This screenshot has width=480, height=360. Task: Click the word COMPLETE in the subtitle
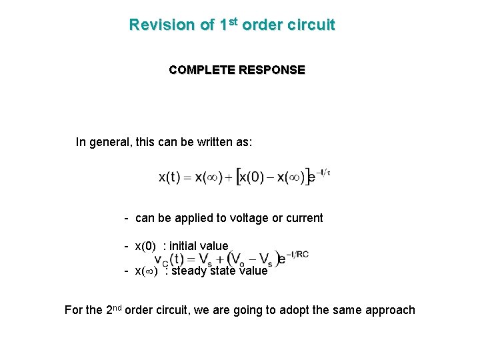(198, 70)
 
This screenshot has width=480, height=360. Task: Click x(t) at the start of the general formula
(169, 177)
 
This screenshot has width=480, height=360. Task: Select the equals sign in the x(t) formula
(187, 178)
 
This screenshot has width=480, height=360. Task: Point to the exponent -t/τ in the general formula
(323, 172)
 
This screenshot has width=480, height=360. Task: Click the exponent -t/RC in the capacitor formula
(297, 254)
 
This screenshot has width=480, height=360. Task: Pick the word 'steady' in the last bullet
(189, 271)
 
